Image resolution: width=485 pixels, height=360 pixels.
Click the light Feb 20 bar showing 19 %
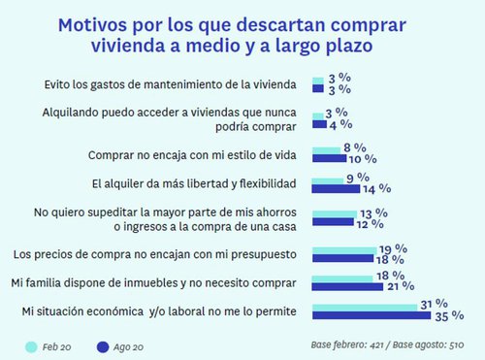click(343, 250)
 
